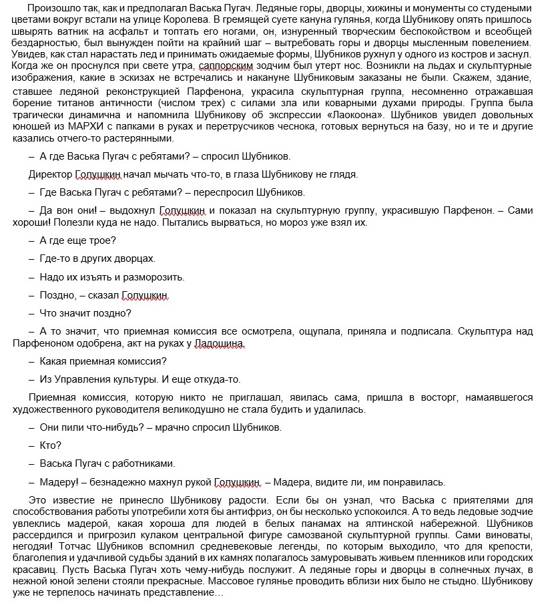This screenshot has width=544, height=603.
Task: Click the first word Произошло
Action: tap(53, 8)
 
